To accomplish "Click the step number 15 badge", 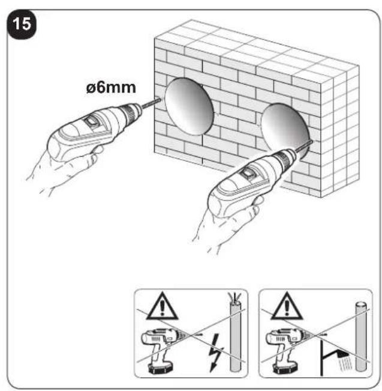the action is [x=22, y=25].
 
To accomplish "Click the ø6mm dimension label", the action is [x=111, y=88].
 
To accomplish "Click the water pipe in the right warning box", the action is [x=362, y=336].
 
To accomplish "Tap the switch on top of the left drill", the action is [x=91, y=122].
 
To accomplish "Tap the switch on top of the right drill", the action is [x=248, y=172].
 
